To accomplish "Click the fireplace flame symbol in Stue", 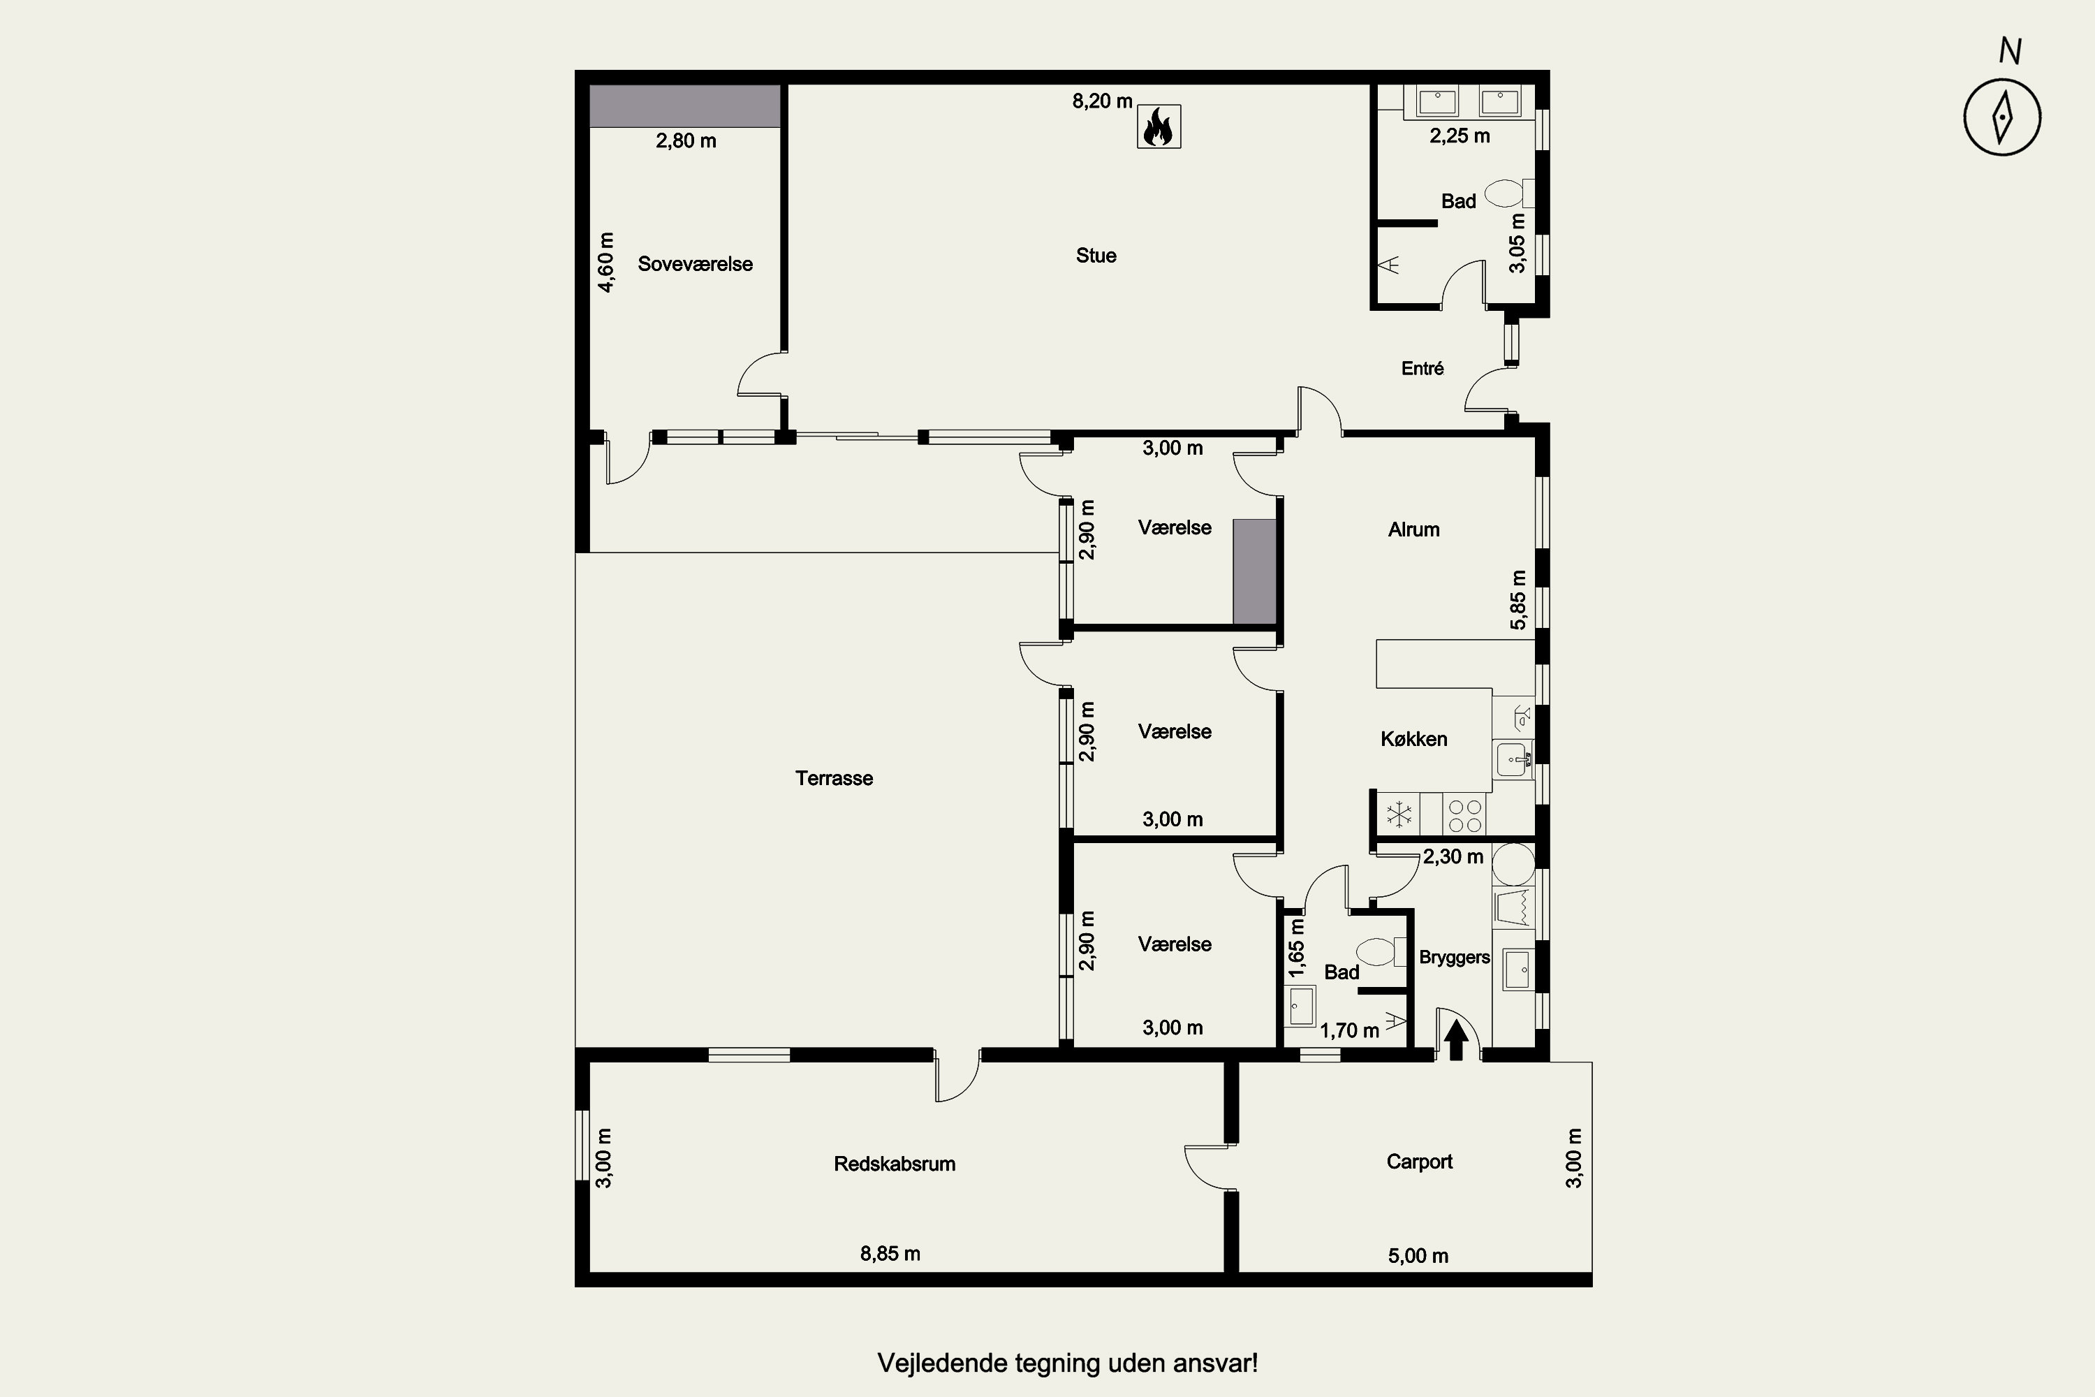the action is point(1159,126).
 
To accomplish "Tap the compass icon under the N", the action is point(2002,117).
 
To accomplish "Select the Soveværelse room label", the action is point(695,264).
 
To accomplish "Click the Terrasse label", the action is point(834,778).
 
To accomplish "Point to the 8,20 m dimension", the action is point(1102,101).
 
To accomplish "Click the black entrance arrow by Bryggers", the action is point(1455,1040).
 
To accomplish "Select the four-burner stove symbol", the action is point(1464,815).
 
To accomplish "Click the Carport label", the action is point(1419,1161).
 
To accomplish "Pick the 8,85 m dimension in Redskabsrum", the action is point(890,1254).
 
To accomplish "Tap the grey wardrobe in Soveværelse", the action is point(685,106).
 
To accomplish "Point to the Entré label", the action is point(1422,368).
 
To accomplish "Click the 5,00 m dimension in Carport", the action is point(1418,1255).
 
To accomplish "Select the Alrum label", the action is point(1413,529).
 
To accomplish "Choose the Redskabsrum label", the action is point(895,1164).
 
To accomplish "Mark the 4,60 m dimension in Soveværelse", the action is point(605,262).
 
